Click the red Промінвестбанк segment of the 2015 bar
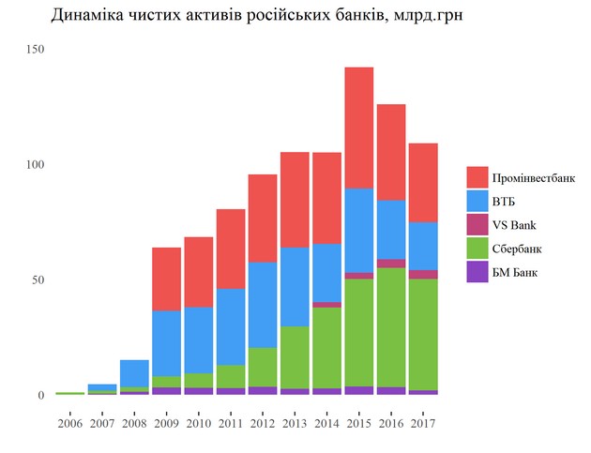[358, 128]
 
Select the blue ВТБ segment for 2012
[263, 305]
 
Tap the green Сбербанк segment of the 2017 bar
[423, 334]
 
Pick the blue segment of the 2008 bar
[134, 373]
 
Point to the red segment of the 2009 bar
[167, 279]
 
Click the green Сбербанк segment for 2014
[326, 347]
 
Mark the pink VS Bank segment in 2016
[391, 264]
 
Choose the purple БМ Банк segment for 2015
[358, 390]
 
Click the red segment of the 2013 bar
[295, 200]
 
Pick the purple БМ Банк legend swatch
[477, 273]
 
